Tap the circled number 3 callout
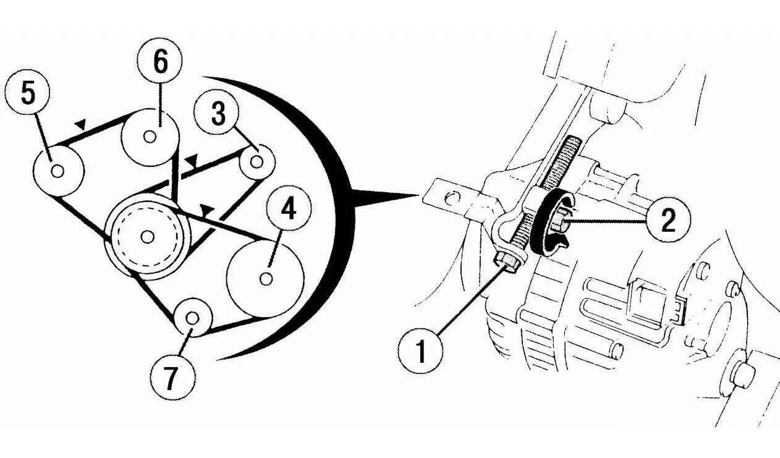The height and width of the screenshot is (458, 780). (218, 114)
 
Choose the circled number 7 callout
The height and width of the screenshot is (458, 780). (172, 378)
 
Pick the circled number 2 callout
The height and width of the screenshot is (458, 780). (668, 220)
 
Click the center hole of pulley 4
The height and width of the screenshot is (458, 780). (266, 279)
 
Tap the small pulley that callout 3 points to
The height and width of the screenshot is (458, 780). (257, 162)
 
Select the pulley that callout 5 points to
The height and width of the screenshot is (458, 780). (57, 171)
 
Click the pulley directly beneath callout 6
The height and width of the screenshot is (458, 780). (150, 137)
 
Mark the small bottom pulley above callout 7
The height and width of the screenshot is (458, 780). (192, 318)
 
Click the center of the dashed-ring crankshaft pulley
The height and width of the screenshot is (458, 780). (147, 235)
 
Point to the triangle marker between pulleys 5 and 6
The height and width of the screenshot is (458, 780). (80, 125)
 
